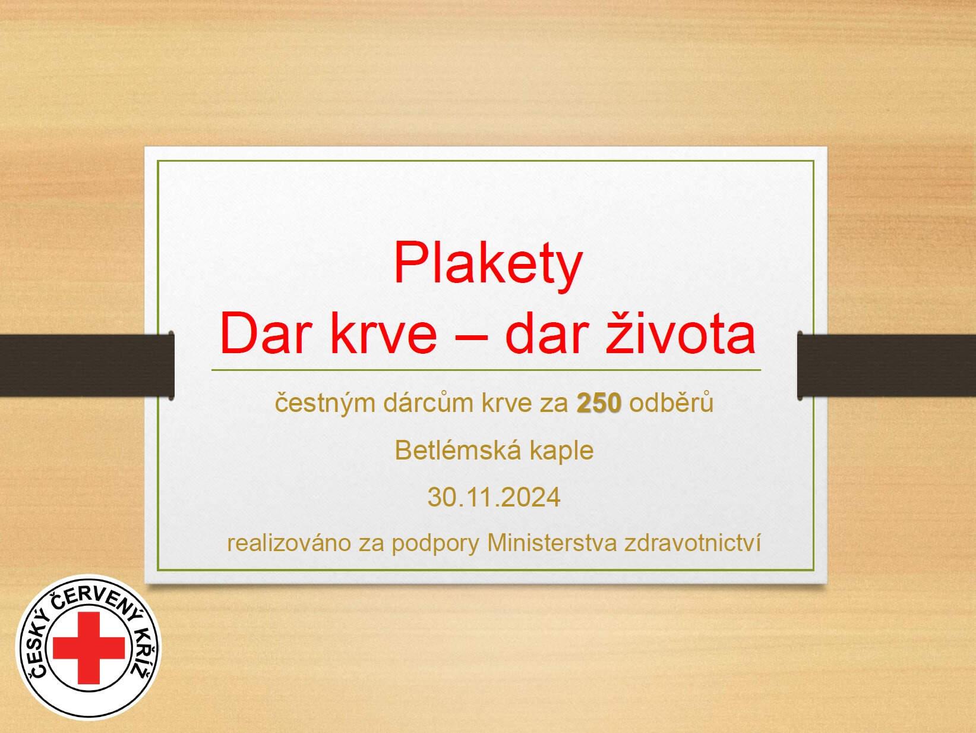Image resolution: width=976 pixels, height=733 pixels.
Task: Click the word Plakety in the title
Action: [488, 266]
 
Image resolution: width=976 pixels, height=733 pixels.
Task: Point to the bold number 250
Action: [599, 404]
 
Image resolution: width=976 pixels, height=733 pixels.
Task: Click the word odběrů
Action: [671, 402]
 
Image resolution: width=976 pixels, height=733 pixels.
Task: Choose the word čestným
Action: [325, 404]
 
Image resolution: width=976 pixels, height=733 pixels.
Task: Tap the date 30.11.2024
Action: [494, 497]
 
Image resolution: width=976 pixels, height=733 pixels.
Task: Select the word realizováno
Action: [289, 543]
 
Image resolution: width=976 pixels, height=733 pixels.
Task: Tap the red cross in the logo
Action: [89, 647]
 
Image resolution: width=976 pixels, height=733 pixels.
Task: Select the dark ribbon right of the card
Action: [887, 365]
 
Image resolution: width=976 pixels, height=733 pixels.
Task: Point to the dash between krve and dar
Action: [471, 336]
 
